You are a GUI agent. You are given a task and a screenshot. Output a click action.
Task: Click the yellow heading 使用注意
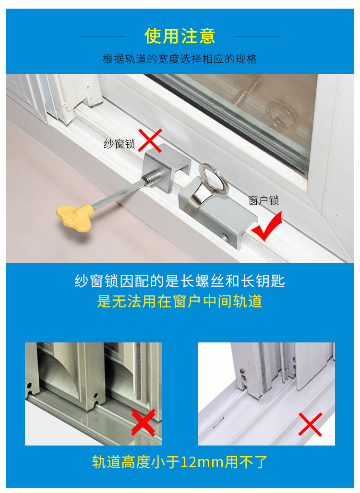[x=180, y=36]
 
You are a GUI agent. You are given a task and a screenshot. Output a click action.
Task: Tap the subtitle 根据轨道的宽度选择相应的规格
[x=180, y=59]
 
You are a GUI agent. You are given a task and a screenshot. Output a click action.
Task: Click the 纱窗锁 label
[x=120, y=143]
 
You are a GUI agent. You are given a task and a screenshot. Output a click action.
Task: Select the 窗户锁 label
[x=264, y=200]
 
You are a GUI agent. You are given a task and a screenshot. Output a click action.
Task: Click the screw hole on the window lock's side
[x=224, y=237]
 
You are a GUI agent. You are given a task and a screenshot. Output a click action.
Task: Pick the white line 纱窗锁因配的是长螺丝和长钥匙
[x=180, y=281]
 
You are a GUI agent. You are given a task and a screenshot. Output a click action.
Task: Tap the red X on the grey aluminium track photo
[x=143, y=422]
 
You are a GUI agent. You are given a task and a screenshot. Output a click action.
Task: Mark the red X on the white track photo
[x=310, y=424]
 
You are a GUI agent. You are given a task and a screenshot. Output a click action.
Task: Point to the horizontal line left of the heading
[x=103, y=36]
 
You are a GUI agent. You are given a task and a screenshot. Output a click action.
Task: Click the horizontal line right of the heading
[x=257, y=36]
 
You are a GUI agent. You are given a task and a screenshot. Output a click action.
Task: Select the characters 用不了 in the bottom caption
[x=248, y=462]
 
